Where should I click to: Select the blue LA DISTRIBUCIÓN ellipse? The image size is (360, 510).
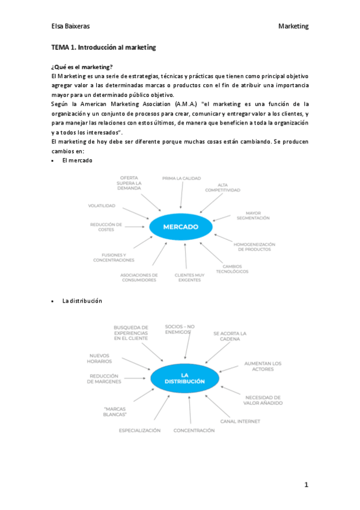point(185,378)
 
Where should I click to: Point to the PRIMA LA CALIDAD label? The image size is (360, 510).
point(182,179)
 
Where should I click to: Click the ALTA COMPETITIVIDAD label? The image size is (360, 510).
point(222,188)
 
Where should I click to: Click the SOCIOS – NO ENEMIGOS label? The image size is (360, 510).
point(180,328)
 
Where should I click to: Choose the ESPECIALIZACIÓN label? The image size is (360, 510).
point(139,431)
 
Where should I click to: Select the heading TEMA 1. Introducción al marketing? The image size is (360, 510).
point(103,47)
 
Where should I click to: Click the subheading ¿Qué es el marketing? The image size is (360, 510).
point(82,67)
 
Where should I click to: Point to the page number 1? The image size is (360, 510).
point(306,484)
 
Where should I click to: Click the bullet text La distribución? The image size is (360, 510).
point(82,300)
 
